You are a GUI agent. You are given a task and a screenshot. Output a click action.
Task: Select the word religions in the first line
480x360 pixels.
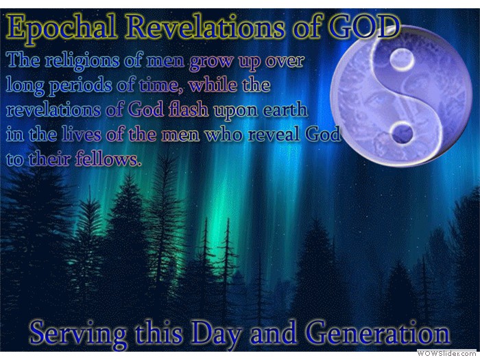pyautogui.click(x=82, y=61)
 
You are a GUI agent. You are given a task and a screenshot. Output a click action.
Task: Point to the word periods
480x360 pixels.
pyautogui.click(x=80, y=86)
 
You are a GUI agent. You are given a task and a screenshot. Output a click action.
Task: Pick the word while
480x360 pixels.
pyautogui.click(x=213, y=84)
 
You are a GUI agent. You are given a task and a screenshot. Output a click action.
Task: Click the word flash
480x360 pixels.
pyautogui.click(x=189, y=109)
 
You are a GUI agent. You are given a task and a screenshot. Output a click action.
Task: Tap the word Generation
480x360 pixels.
pyautogui.click(x=379, y=333)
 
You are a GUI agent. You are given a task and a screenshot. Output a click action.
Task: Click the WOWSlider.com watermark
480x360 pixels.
pyautogui.click(x=448, y=353)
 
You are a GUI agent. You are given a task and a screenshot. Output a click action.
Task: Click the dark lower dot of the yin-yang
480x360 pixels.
pyautogui.click(x=403, y=134)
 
